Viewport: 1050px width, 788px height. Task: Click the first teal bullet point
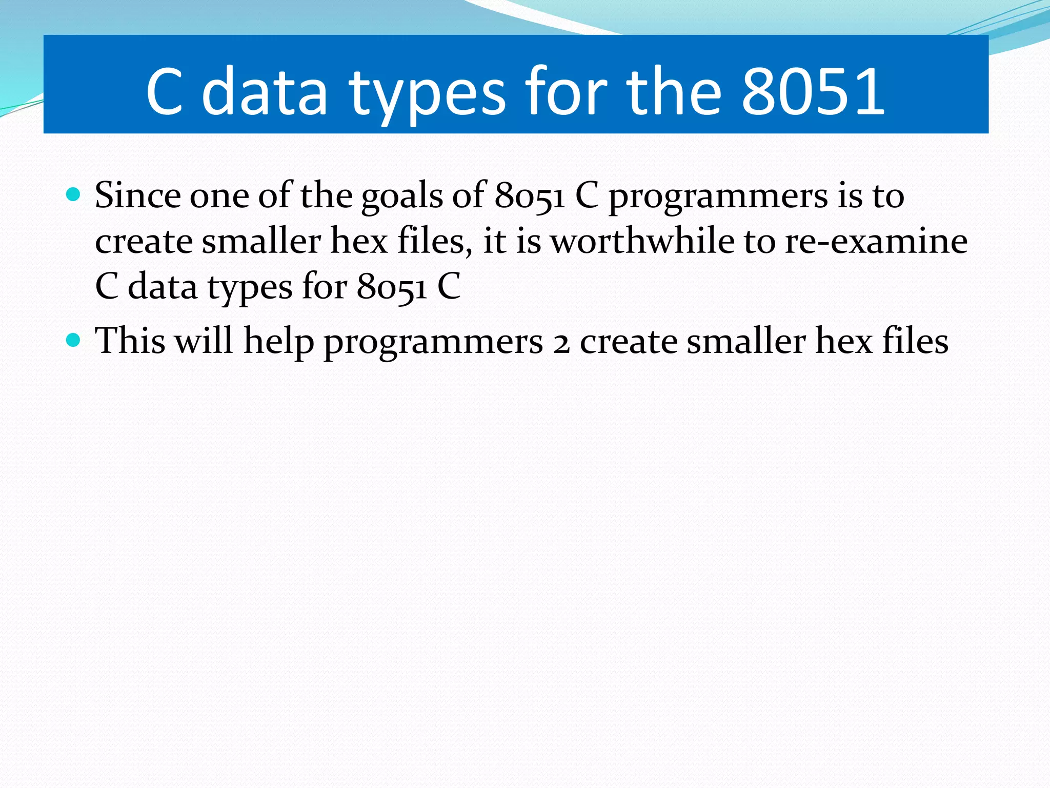click(74, 194)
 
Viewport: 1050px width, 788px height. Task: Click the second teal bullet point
click(74, 340)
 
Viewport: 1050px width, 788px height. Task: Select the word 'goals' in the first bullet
click(401, 197)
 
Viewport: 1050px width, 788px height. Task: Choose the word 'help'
click(278, 342)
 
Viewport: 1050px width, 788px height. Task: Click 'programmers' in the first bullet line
click(718, 198)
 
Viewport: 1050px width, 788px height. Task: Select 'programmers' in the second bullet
click(433, 343)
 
